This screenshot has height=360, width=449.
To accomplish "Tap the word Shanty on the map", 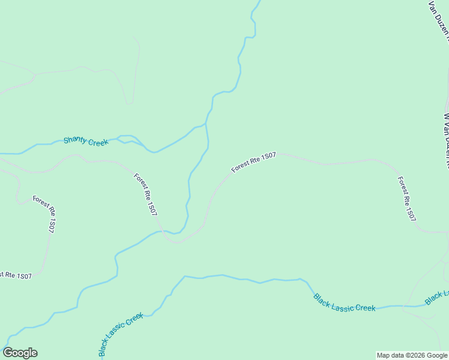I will (76, 140).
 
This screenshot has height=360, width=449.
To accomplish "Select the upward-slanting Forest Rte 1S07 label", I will (253, 163).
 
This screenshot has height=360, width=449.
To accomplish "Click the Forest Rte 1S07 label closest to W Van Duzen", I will (406, 199).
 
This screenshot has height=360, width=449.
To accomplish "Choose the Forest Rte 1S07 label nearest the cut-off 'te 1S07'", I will (44, 214).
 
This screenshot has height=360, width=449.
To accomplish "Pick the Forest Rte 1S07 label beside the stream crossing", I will (146, 194).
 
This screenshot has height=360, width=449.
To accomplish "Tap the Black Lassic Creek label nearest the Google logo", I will (121, 334).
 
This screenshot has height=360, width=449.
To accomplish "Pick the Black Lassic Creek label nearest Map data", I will (344, 302).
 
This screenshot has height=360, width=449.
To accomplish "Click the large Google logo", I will (20, 353).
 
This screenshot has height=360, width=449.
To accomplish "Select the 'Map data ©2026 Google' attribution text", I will (412, 355).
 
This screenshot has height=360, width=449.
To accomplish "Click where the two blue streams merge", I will (206, 125).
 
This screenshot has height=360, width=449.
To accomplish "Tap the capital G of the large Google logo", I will (8, 353).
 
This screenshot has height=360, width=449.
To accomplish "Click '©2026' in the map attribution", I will (415, 355).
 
